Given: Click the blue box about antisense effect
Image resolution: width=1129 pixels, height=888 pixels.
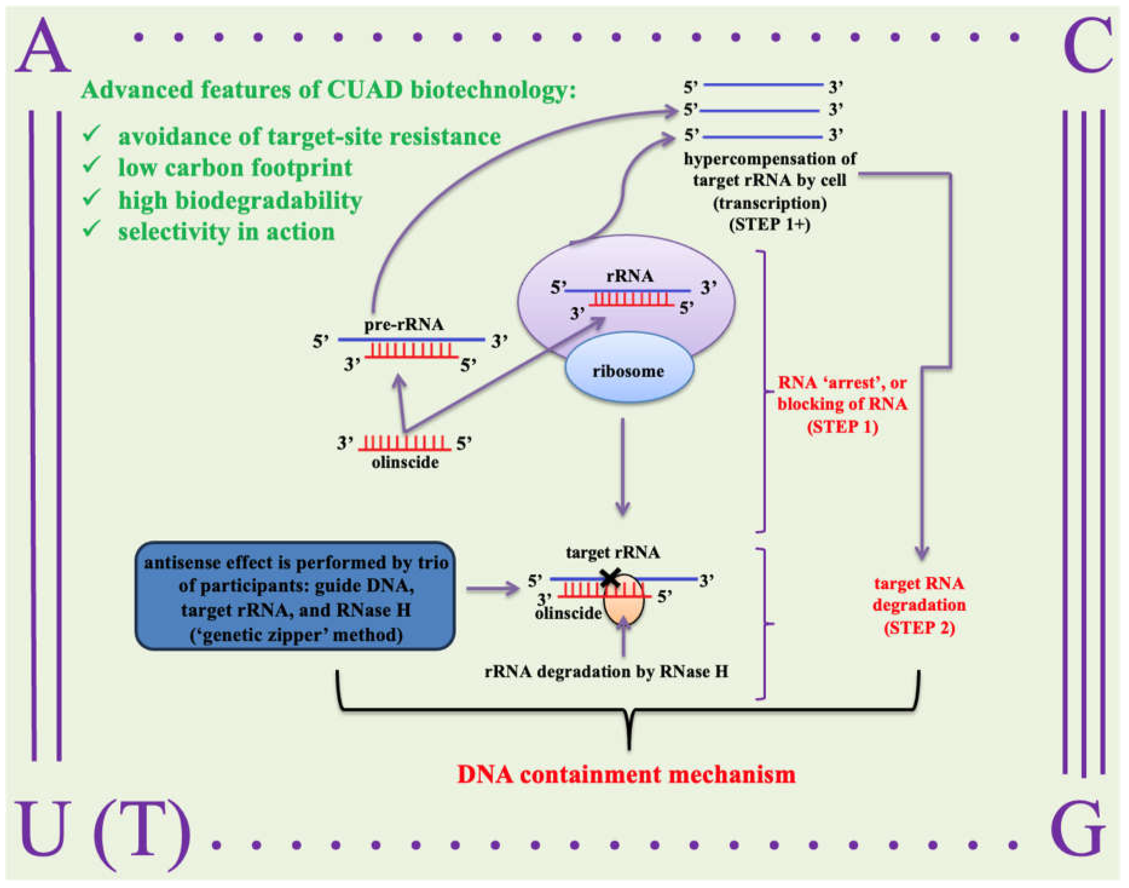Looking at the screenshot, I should (x=295, y=596).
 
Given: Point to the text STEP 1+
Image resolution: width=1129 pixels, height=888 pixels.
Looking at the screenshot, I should (x=770, y=225).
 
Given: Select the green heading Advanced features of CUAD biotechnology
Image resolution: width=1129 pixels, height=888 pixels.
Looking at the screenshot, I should (x=329, y=90).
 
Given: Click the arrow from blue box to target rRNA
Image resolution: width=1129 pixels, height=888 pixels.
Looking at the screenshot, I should (x=492, y=589).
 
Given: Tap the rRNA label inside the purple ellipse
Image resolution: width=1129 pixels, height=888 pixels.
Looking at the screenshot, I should (x=629, y=276).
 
